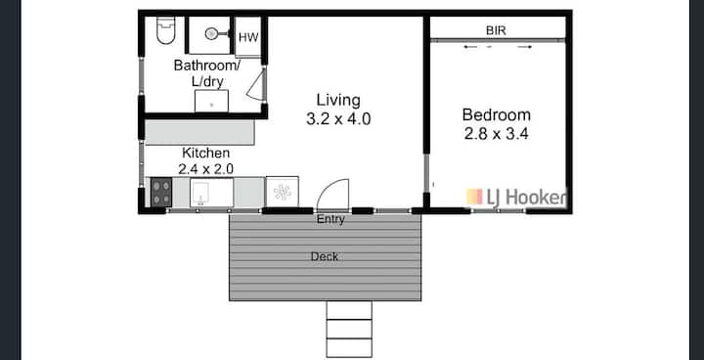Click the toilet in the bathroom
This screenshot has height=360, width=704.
pyautogui.click(x=165, y=30)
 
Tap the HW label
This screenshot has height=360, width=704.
pyautogui.click(x=248, y=38)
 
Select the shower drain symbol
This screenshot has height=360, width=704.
pyautogui.click(x=211, y=33)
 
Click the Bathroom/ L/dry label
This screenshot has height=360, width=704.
pyautogui.click(x=207, y=73)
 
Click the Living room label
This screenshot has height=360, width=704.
pyautogui.click(x=338, y=100)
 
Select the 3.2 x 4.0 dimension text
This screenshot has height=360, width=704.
pyautogui.click(x=338, y=119)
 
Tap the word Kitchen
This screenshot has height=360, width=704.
pyautogui.click(x=205, y=153)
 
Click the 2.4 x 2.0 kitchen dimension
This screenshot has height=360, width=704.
pyautogui.click(x=205, y=169)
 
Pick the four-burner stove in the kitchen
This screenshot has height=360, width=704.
pyautogui.click(x=161, y=193)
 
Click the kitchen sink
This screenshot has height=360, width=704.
pyautogui.click(x=211, y=193)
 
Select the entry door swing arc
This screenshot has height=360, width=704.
pyautogui.click(x=333, y=191)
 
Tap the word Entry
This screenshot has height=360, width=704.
pyautogui.click(x=330, y=220)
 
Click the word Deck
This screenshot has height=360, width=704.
pyautogui.click(x=325, y=257)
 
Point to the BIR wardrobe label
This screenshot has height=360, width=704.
pyautogui.click(x=496, y=30)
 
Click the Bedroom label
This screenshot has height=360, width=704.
pyautogui.click(x=496, y=115)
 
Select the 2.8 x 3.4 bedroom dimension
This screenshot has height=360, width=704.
pyautogui.click(x=496, y=134)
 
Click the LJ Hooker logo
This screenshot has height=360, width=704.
pyautogui.click(x=516, y=198)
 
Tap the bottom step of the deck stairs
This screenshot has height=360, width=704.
pyautogui.click(x=349, y=347)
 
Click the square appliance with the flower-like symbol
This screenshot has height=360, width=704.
pyautogui.click(x=283, y=192)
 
